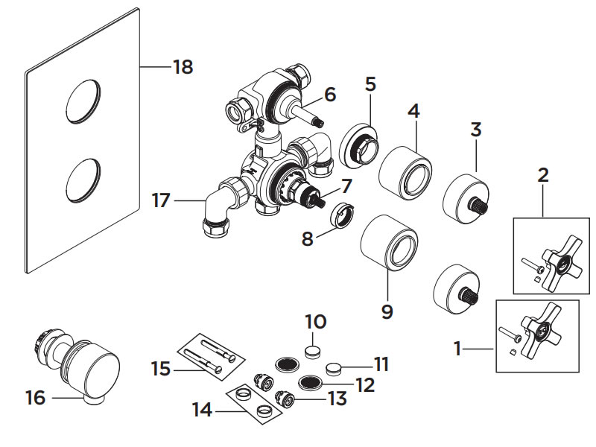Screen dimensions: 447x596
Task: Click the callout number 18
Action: [x=183, y=67]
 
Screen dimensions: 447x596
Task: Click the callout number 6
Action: [x=330, y=95]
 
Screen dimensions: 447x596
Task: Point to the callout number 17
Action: [x=162, y=200]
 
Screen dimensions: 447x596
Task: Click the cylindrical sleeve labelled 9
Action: [x=387, y=242]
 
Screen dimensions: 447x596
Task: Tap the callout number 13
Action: [x=337, y=399]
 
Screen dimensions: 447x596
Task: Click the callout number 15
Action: [x=161, y=368]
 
